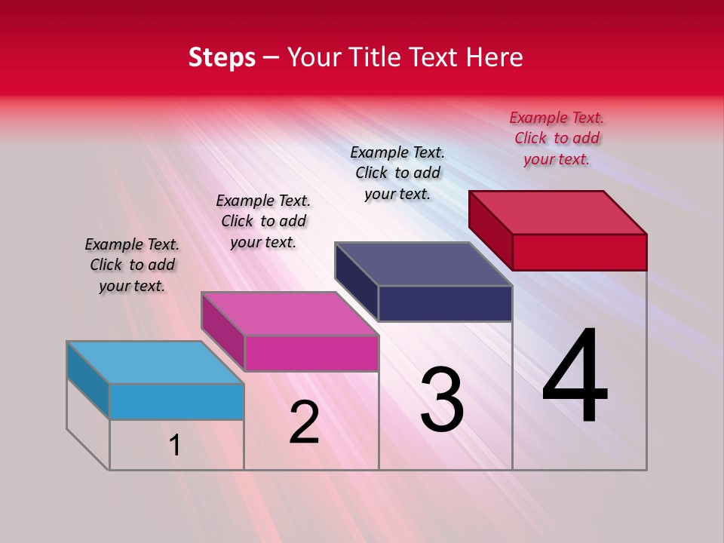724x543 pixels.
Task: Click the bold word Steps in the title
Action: pos(222,57)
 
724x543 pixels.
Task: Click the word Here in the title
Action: pos(494,57)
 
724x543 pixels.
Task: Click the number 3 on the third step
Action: pos(442,400)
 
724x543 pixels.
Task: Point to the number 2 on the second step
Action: pos(305,422)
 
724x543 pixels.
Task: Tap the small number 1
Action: pos(175,445)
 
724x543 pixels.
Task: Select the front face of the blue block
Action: pos(176,401)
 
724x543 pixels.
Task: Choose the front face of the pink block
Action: pos(311,353)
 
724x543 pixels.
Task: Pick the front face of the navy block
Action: pos(445,303)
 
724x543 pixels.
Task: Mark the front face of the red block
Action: pos(579,252)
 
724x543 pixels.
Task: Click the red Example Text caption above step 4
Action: pos(557,138)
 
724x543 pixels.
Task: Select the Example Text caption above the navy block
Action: pos(397,173)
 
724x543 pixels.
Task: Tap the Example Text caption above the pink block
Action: pos(263,221)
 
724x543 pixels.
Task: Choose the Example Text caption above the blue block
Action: pos(132,265)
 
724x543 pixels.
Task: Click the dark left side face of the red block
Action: pos(490,230)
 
